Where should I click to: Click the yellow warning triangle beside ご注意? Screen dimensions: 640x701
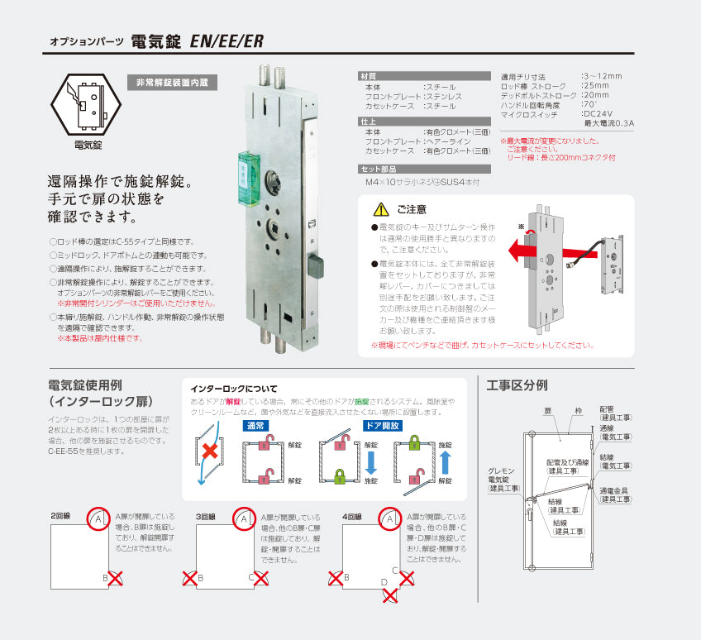pos(381,210)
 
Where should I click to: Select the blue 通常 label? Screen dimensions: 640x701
pos(255,426)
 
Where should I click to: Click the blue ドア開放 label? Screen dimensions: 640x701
pos(384,426)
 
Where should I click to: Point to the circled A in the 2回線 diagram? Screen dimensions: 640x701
pos(98,518)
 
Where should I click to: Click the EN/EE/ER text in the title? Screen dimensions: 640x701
pos(227,41)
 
